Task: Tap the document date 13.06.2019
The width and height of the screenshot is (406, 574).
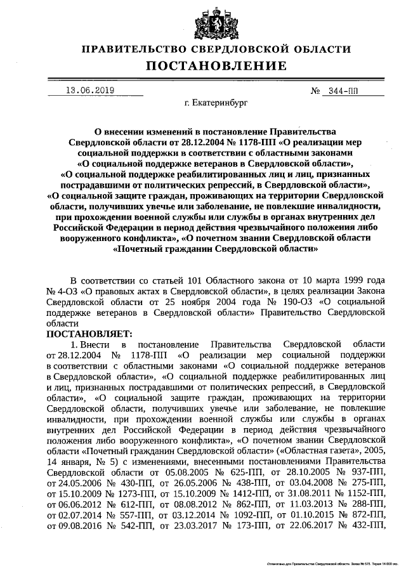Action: [91, 91]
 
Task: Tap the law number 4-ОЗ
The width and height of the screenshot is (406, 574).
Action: [72, 290]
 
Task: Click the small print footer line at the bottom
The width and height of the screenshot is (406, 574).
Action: [332, 563]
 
